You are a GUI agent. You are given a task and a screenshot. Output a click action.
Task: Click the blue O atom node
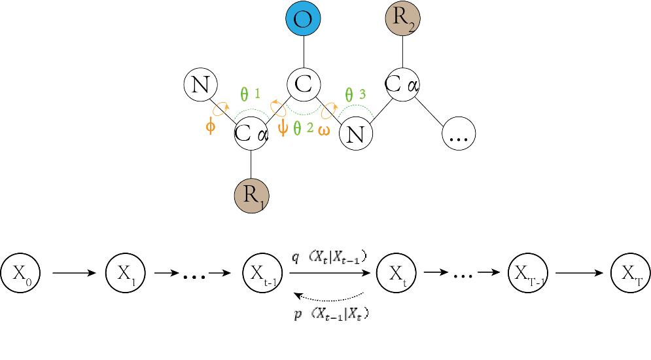pos(303,20)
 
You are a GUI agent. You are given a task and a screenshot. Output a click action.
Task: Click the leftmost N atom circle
pos(201,85)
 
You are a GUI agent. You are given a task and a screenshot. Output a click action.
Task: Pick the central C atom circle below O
pos(303,84)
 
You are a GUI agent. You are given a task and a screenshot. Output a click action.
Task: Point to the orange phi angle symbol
pos(210,126)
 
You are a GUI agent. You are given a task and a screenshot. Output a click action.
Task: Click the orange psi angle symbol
pos(283,126)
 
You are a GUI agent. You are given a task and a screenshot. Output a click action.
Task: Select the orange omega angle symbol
pos(324,130)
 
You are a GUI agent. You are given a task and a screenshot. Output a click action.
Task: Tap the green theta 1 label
pos(249,94)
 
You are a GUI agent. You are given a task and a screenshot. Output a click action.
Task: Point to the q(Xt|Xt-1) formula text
pos(328,259)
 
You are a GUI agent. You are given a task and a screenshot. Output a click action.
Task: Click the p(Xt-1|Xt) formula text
pos(331,314)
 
